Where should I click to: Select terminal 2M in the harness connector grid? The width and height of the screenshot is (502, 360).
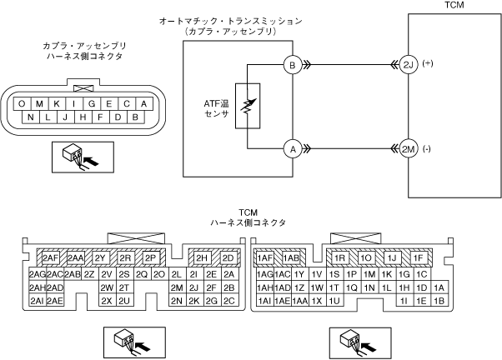click(x=176, y=287)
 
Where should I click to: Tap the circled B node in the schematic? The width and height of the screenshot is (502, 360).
click(x=292, y=64)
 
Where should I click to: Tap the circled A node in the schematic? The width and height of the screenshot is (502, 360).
click(x=292, y=149)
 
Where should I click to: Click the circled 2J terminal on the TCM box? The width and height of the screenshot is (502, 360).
click(x=408, y=64)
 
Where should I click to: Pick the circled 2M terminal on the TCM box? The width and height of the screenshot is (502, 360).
click(x=408, y=149)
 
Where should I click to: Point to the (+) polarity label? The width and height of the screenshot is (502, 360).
click(x=429, y=63)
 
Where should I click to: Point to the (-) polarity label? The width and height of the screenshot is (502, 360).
click(x=429, y=148)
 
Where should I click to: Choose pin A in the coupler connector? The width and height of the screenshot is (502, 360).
click(x=144, y=103)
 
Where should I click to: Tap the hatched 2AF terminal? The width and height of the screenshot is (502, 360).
click(x=50, y=258)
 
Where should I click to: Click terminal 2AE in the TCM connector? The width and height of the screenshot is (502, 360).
click(x=55, y=301)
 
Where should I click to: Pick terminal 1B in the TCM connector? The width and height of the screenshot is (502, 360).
click(x=439, y=301)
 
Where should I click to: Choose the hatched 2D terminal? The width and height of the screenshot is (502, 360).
click(x=227, y=258)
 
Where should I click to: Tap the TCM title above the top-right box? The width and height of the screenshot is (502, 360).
click(x=456, y=6)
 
